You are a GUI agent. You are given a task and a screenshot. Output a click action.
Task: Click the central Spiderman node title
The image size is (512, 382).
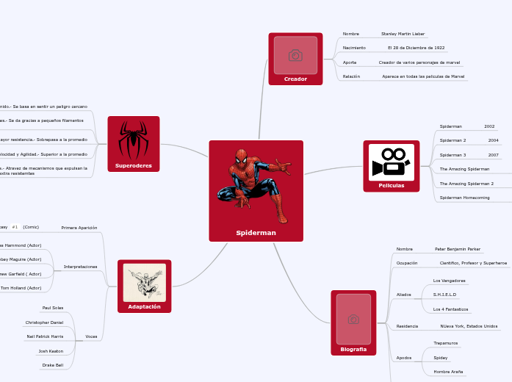tap(256, 233)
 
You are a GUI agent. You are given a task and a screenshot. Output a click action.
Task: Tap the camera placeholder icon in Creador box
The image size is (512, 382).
tap(295, 56)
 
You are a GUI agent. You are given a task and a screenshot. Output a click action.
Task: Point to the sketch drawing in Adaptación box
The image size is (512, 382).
tap(144, 282)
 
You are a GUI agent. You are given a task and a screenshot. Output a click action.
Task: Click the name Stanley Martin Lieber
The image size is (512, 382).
tap(403, 34)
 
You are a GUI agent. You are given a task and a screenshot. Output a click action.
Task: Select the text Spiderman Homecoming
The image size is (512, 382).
tap(464, 198)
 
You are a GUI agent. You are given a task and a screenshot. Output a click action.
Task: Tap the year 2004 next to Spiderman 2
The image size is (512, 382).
tap(493, 140)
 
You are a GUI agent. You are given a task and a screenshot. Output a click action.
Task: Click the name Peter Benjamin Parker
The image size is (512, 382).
tap(458, 249)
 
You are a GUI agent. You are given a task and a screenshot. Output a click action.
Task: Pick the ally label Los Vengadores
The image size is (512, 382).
tap(449, 281)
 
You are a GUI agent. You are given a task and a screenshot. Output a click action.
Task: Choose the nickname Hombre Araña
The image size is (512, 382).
tap(448, 372)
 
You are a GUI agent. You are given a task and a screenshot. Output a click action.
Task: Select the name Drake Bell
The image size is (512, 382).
tap(53, 364)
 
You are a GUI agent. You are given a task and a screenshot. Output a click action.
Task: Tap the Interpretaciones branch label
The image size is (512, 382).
tap(80, 267)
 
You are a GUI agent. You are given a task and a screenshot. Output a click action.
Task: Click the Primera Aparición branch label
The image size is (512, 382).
tap(79, 228)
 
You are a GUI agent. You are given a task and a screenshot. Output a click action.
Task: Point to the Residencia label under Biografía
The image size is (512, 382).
tap(407, 325)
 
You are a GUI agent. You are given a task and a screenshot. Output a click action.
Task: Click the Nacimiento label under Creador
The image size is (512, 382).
tap(354, 48)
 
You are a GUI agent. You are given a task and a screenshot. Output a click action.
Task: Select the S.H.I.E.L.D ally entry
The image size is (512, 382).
tap(444, 295)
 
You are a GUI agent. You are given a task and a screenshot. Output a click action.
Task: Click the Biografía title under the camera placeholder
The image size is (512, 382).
tap(353, 349)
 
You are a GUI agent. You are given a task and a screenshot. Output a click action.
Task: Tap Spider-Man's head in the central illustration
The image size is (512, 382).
tap(242, 156)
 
